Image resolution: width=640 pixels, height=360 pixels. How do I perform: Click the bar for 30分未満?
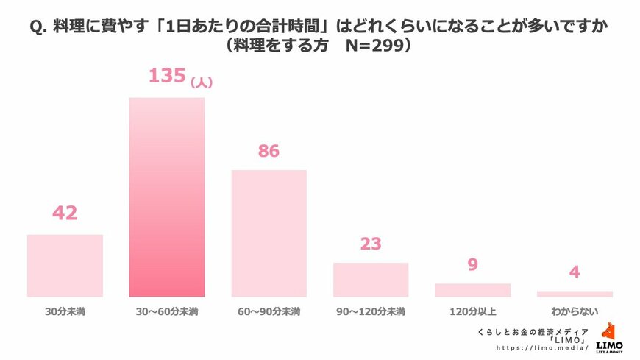pos(65,266)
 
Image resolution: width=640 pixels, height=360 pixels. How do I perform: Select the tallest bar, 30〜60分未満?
pos(167,197)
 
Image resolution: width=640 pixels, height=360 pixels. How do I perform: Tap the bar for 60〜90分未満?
pos(269,233)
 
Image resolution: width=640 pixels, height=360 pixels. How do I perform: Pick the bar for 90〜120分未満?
pos(371,280)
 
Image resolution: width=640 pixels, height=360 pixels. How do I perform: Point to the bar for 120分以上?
pos(472,290)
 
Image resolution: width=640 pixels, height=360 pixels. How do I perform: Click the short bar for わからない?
pos(575,294)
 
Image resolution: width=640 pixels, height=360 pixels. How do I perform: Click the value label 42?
pos(65,213)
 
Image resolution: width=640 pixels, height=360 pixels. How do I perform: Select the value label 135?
pos(166,76)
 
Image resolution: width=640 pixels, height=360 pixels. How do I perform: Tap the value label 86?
pos(269,151)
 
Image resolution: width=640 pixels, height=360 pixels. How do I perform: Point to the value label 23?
pos(371,244)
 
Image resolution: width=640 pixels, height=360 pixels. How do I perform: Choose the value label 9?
pos(472,264)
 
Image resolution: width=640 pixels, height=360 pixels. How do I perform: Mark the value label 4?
pos(575,272)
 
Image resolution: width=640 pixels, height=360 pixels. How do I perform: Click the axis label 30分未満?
pos(65,312)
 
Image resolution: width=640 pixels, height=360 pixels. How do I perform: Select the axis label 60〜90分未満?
pos(269,312)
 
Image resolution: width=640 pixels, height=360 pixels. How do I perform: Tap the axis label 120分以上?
pos(472,312)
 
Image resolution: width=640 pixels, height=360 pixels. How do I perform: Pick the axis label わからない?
pos(575,312)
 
